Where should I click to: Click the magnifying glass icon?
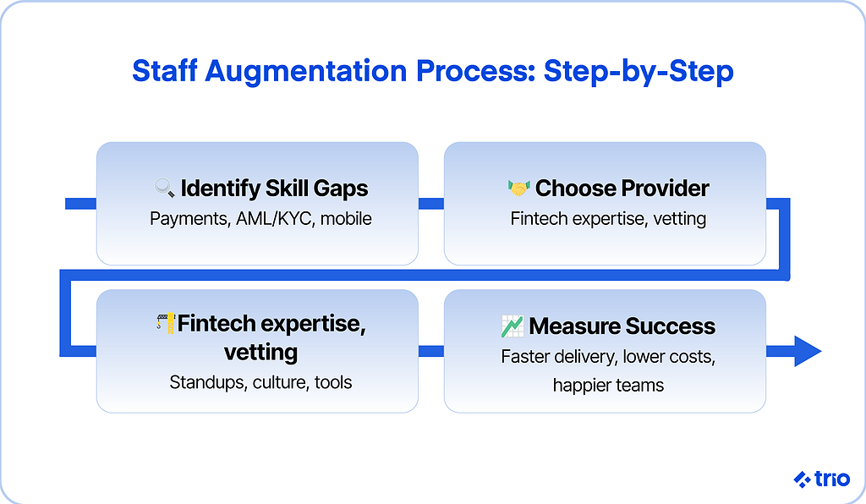165,188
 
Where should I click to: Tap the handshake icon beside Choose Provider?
518,189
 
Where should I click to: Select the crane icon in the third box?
166,324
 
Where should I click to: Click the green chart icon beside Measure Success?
512,326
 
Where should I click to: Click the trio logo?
821,479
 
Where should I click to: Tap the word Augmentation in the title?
306,71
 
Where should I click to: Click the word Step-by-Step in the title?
639,71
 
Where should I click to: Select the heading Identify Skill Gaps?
274,189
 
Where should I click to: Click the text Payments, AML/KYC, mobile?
260,219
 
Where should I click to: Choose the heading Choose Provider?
622,189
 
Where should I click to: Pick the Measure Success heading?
622,326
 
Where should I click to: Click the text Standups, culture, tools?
260,382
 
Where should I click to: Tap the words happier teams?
608,385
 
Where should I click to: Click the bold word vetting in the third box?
260,352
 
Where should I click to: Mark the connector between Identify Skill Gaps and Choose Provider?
430,204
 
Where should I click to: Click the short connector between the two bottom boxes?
430,351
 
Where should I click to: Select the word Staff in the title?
165,71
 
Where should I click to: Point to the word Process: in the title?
475,71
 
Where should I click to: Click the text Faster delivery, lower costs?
608,357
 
